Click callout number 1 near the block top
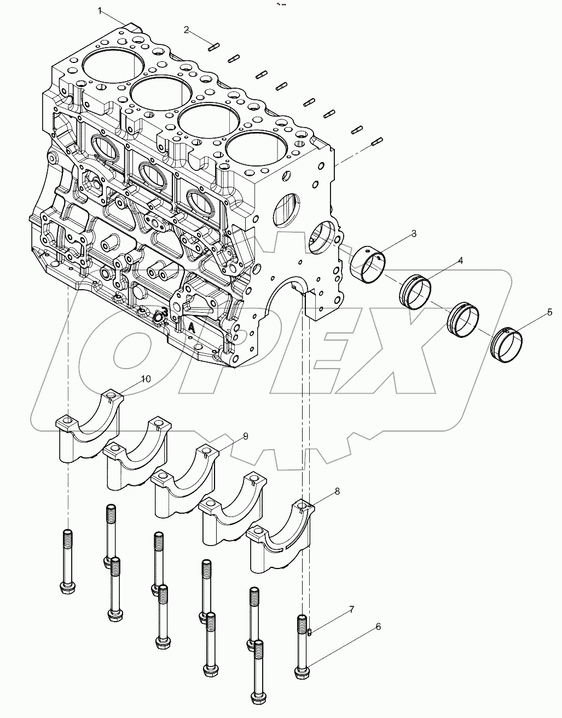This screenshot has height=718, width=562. click(100, 10)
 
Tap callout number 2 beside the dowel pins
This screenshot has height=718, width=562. click(187, 30)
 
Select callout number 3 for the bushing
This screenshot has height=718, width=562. click(428, 234)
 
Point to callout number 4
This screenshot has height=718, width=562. click(460, 261)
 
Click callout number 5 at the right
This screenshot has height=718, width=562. click(549, 313)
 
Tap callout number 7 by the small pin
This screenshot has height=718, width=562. click(351, 609)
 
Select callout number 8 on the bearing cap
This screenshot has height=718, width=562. click(337, 491)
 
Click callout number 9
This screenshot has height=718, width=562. click(246, 436)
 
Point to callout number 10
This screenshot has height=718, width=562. click(146, 379)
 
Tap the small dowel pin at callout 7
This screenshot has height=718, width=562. click(310, 633)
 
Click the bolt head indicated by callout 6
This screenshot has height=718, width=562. click(303, 672)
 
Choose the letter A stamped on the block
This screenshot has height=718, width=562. click(192, 328)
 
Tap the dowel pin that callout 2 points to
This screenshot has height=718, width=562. click(213, 47)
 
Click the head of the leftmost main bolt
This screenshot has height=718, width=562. click(67, 588)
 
